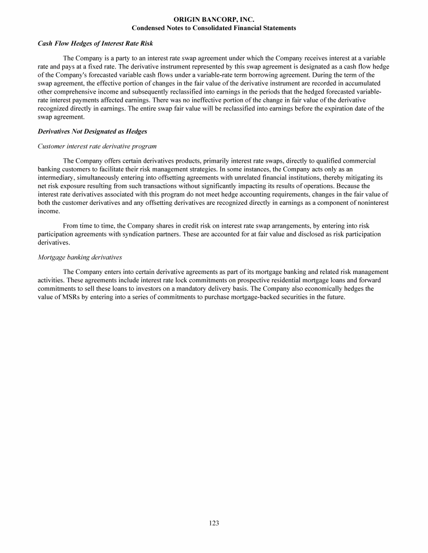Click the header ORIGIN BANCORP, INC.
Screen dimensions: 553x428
coord(214,19)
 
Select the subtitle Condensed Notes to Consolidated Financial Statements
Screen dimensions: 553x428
coord(214,27)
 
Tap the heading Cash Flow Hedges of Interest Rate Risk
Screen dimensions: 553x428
coord(95,43)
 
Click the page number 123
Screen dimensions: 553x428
coord(214,522)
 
